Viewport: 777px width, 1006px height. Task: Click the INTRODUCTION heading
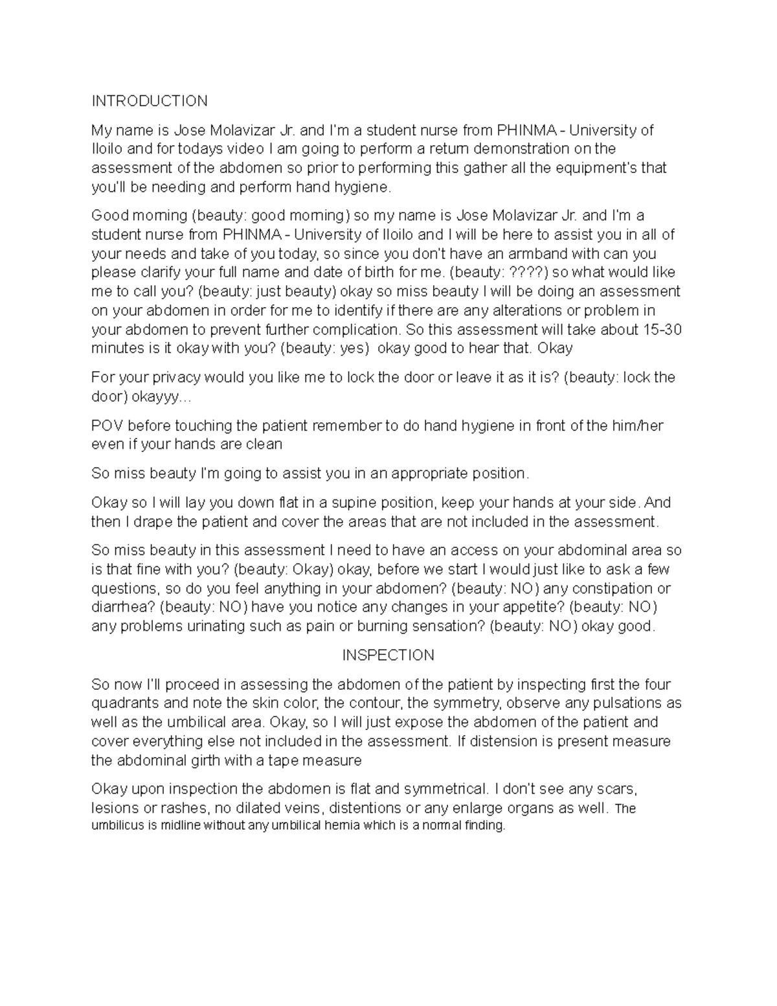150,101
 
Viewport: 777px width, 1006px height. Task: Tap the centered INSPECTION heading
388,656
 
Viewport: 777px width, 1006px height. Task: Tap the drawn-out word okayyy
166,396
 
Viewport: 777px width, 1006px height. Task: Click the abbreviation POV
106,426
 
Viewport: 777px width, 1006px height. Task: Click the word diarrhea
121,608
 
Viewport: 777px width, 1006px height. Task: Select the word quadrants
122,703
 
